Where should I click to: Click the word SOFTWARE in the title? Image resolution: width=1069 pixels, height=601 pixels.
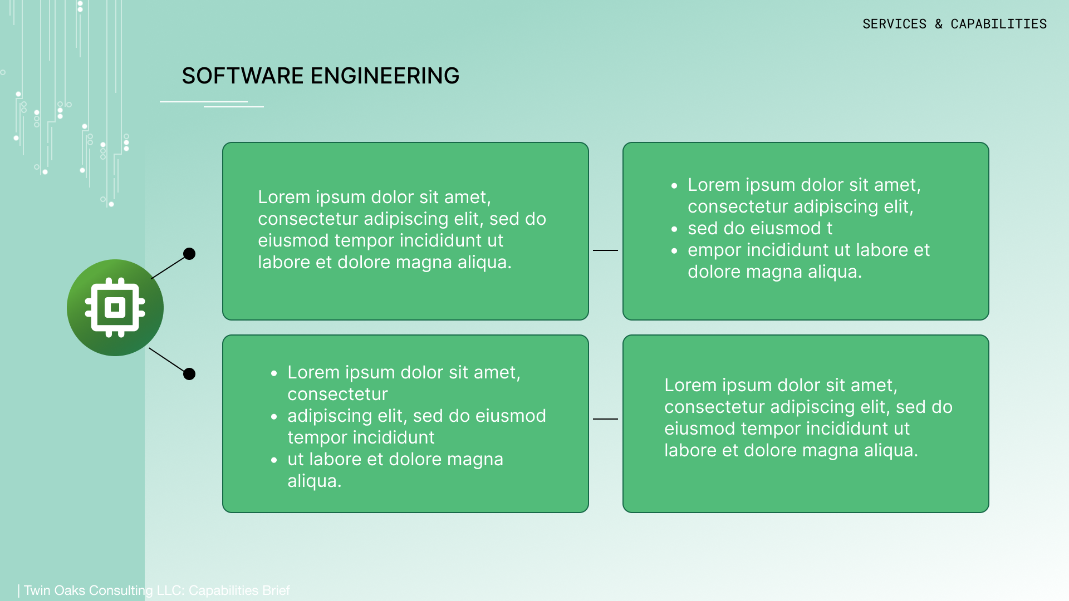(242, 76)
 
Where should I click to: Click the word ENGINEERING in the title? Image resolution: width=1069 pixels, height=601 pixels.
(385, 76)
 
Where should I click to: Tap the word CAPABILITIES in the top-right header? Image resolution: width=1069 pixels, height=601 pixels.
(998, 24)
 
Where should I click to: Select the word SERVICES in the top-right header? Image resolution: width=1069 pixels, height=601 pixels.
(894, 24)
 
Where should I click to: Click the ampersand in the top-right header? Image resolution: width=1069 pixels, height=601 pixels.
(939, 24)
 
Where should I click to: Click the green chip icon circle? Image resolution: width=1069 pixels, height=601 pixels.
(115, 308)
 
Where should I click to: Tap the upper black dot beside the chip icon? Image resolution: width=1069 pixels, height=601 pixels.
(189, 254)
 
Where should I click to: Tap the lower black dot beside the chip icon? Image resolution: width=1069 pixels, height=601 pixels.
(189, 374)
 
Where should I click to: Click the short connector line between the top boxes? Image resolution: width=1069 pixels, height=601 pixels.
(605, 250)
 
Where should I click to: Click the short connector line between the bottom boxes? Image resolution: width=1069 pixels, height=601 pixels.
(605, 419)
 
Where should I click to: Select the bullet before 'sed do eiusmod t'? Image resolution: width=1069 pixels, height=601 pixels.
(674, 229)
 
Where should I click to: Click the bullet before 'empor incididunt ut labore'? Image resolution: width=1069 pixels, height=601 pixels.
(674, 251)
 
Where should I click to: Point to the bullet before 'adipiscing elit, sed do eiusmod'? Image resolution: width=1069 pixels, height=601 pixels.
(274, 417)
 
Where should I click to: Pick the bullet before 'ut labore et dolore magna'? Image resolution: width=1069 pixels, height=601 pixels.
(274, 460)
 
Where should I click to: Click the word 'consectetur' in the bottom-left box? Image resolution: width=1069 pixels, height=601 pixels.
(337, 394)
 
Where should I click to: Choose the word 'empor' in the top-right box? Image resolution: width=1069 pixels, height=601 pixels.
(714, 250)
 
